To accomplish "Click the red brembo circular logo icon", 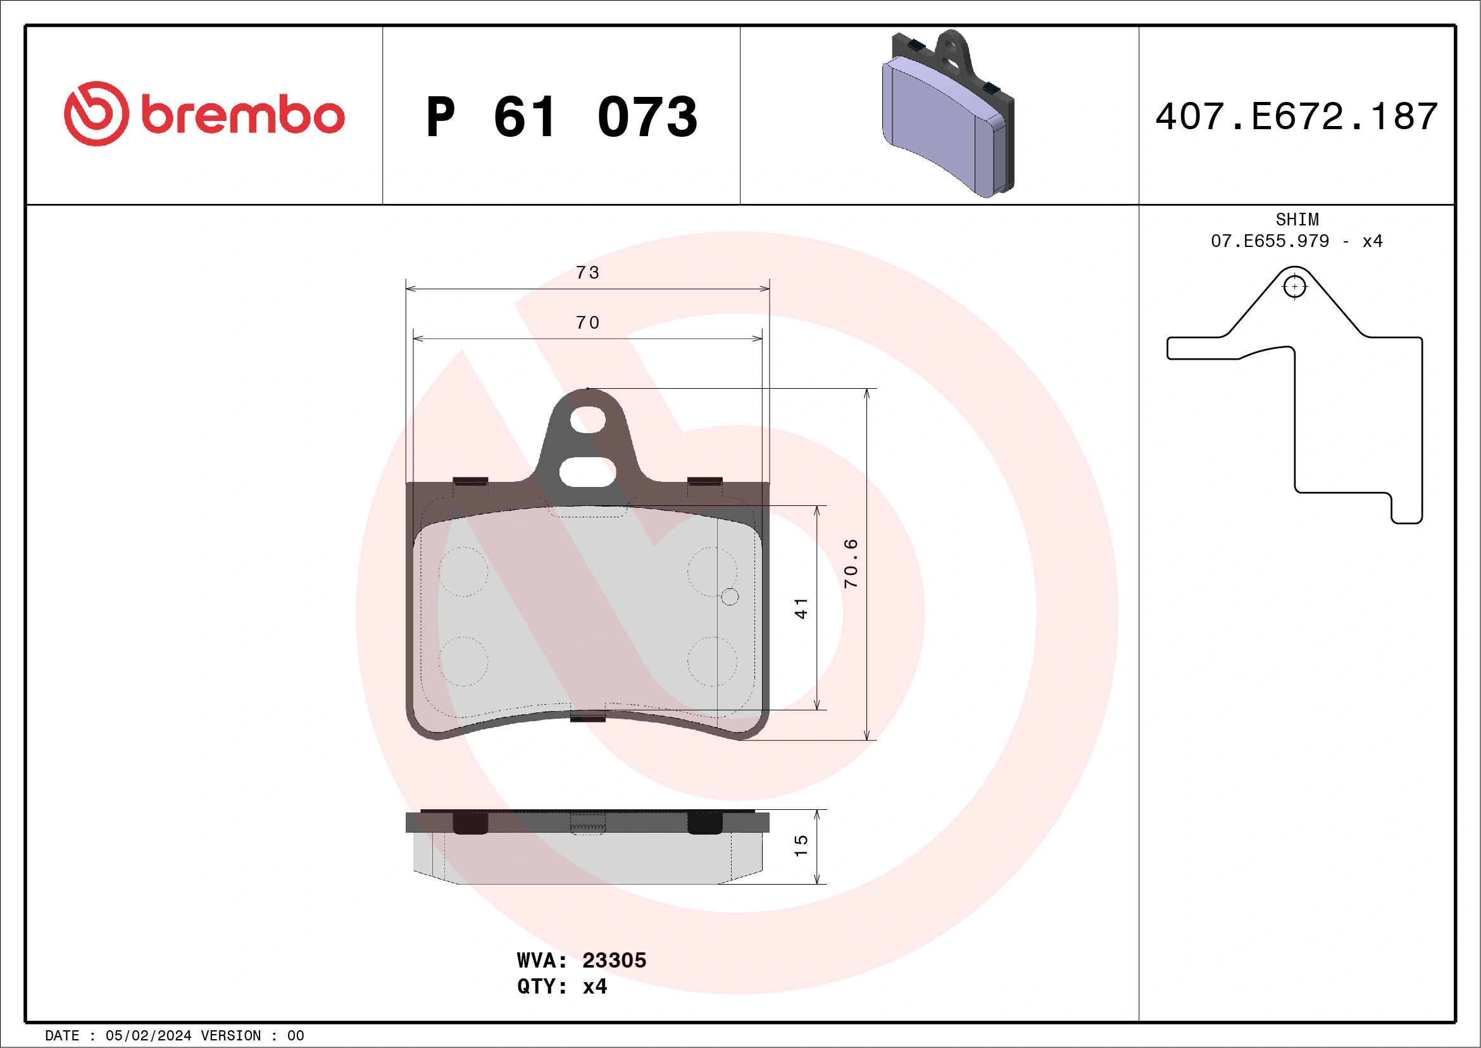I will [96, 113].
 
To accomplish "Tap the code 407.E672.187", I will [1297, 117].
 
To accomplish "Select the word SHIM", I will [1297, 219].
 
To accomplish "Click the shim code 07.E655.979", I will [1270, 241].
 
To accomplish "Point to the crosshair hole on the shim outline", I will [1294, 286].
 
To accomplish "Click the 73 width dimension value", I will [587, 273].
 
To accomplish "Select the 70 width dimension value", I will [587, 323].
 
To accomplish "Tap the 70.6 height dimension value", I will [851, 564].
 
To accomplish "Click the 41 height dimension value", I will [801, 609].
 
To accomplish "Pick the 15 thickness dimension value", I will [801, 845].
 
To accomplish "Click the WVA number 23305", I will [613, 960].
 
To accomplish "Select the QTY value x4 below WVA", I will [594, 987].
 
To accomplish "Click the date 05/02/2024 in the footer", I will [148, 1036].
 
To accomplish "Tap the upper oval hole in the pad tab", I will [587, 419].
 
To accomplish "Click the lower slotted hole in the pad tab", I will [587, 472].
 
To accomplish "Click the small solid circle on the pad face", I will [730, 597].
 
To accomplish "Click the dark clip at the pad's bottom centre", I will [587, 717].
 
